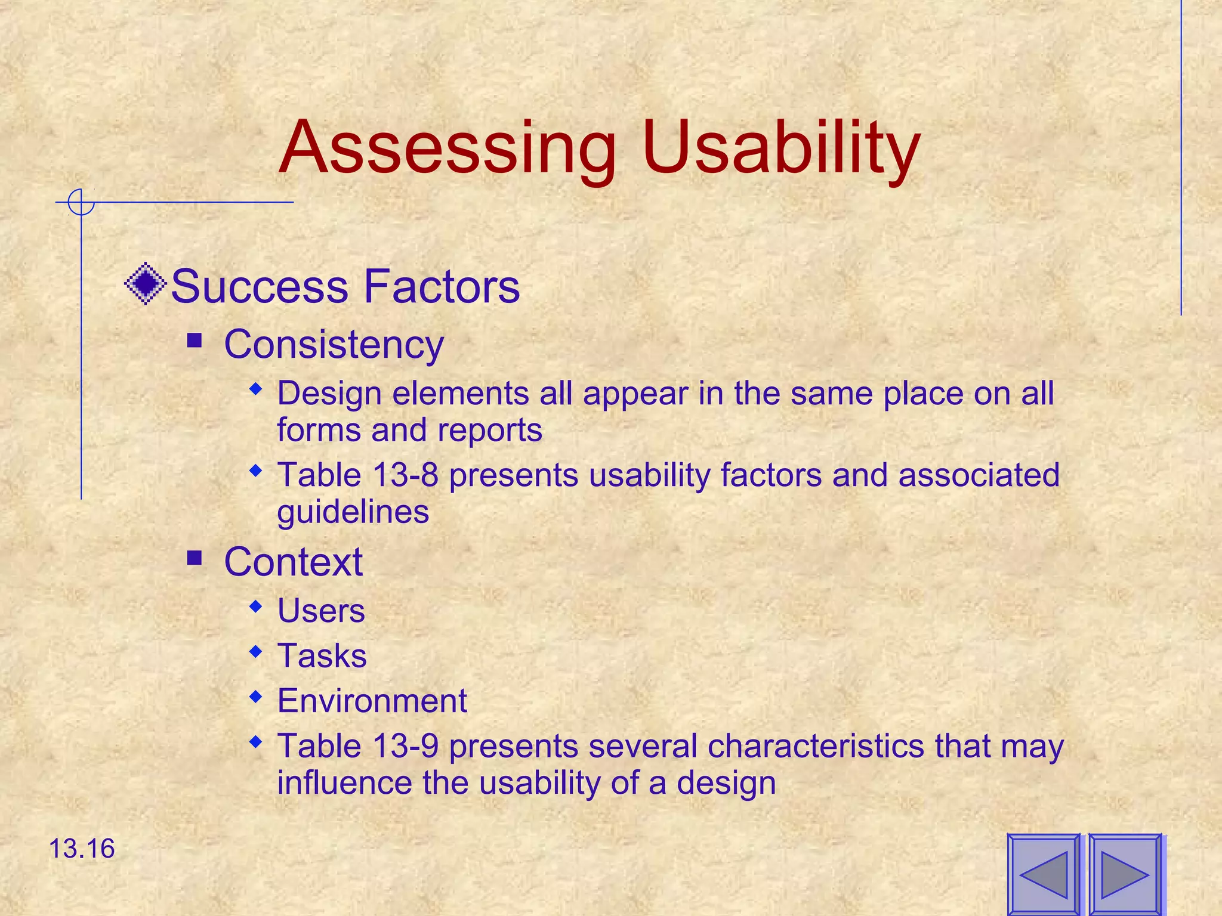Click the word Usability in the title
[782, 149]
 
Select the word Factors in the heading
[442, 287]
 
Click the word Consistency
[334, 345]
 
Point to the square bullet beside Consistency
[195, 341]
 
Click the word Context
[293, 562]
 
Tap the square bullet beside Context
[195, 558]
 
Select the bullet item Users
[321, 611]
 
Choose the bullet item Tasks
[322, 656]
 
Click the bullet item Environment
[372, 701]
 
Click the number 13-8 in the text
[405, 475]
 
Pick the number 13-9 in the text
[405, 746]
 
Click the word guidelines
[353, 512]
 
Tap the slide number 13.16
[82, 849]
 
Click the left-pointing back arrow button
[1044, 875]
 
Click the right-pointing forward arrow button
[1125, 875]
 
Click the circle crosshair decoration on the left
[81, 202]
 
